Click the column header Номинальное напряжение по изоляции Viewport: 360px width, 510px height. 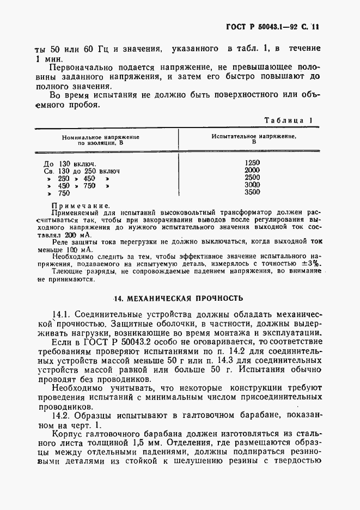[x=101, y=140]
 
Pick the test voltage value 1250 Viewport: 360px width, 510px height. [x=253, y=162]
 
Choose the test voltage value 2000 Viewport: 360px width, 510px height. [x=253, y=170]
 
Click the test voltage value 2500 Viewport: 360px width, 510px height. [x=253, y=178]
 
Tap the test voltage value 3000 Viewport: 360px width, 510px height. [x=253, y=185]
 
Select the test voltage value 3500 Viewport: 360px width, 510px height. [x=253, y=192]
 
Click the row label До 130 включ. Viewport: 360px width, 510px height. [x=70, y=163]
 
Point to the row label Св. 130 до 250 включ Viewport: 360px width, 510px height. [x=81, y=171]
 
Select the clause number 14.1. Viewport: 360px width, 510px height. [x=60, y=315]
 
